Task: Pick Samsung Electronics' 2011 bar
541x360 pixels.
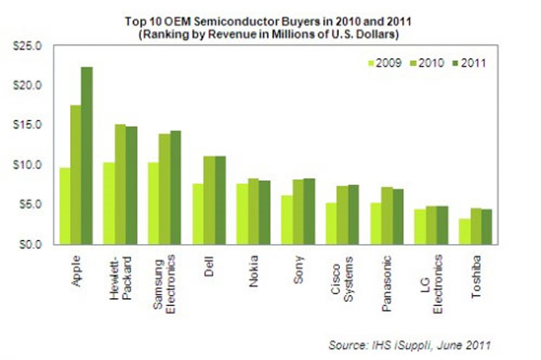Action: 176,187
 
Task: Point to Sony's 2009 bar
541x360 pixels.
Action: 287,219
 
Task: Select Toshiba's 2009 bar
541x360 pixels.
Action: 465,231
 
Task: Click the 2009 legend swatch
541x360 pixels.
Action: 371,63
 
